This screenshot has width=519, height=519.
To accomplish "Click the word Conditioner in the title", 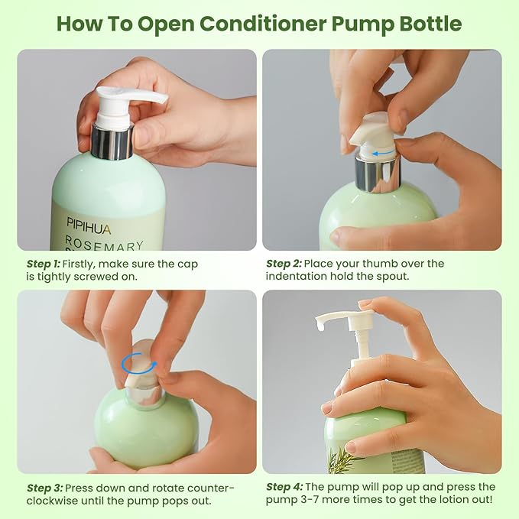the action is [263, 24].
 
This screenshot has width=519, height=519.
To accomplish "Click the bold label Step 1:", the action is [44, 264].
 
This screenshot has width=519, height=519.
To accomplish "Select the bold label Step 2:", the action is [284, 264].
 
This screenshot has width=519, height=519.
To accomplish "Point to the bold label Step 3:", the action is [44, 488].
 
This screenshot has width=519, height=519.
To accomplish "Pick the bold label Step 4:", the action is [284, 487].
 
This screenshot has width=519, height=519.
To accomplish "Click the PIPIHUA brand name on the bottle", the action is [89, 225].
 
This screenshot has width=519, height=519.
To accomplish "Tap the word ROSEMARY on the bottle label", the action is [104, 243].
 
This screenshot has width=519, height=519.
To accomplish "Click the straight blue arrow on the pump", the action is [383, 153].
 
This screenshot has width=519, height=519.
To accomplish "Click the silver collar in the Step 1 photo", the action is [112, 141].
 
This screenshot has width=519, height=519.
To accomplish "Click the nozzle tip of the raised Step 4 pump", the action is [320, 326].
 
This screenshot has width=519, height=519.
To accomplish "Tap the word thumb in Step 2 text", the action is [378, 264].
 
